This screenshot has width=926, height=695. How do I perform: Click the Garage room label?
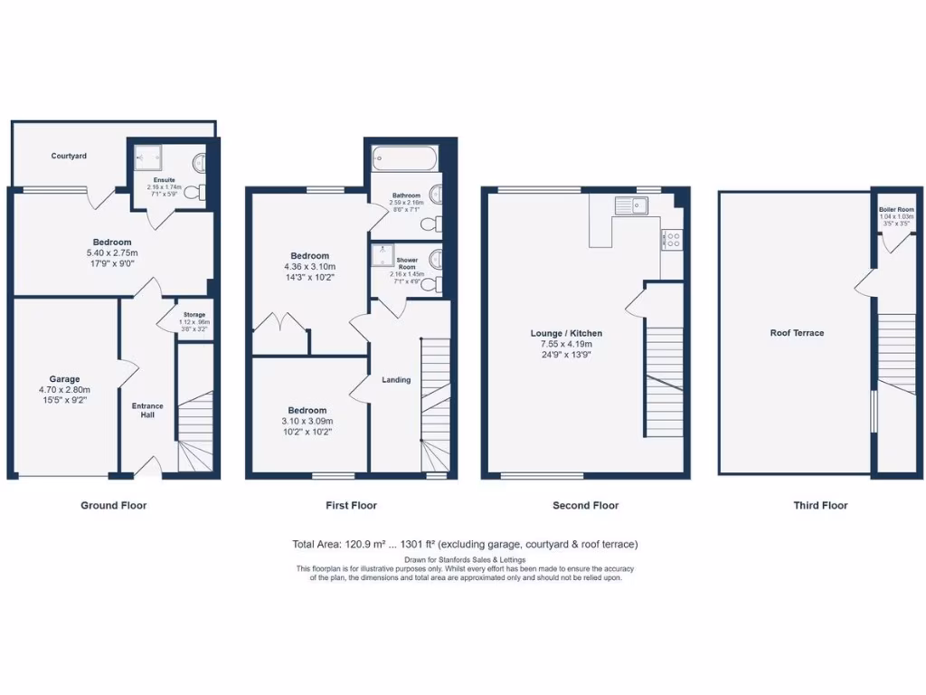pyautogui.click(x=64, y=379)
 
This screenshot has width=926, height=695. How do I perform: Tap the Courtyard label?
pyautogui.click(x=69, y=156)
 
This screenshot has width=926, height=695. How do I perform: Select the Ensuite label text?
pyautogui.click(x=164, y=180)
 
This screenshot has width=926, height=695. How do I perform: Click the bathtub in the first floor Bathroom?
pyautogui.click(x=404, y=161)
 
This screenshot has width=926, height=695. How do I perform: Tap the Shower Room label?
pyautogui.click(x=406, y=263)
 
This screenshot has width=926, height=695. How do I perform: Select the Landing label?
pyautogui.click(x=396, y=379)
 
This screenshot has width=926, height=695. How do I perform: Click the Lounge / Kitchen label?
pyautogui.click(x=566, y=333)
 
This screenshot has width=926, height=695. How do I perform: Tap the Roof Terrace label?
pyautogui.click(x=797, y=333)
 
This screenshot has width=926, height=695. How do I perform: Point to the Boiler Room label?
pyautogui.click(x=896, y=210)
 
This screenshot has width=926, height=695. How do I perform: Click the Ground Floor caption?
pyautogui.click(x=113, y=505)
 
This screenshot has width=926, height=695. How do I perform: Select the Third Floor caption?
pyautogui.click(x=820, y=505)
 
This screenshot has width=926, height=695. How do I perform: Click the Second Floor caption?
pyautogui.click(x=585, y=505)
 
